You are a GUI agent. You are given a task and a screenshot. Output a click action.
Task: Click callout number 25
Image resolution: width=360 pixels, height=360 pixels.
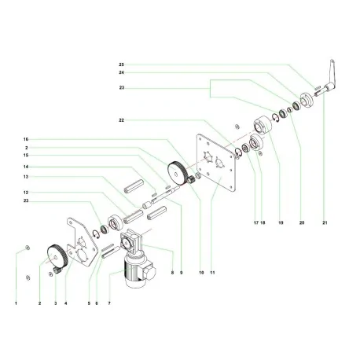(121, 62)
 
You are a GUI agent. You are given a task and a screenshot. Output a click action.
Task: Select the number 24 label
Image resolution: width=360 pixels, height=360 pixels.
(121, 73)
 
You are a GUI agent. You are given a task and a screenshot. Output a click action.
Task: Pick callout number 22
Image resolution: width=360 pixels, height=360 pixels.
(121, 120)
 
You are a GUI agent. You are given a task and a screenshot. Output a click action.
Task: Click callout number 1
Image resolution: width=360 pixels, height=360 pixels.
(14, 302)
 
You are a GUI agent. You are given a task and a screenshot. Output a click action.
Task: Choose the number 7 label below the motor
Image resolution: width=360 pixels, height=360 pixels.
(109, 302)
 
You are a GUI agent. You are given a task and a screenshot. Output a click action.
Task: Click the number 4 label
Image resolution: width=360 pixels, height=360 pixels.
(66, 302)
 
